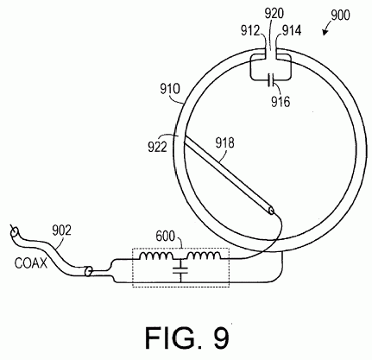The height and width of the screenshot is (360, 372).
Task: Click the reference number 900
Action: pyautogui.click(x=340, y=16)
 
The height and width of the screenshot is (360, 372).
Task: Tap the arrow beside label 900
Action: pyautogui.click(x=327, y=30)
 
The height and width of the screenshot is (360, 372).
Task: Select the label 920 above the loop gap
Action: pyautogui.click(x=274, y=14)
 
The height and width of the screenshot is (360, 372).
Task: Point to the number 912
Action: pyautogui.click(x=250, y=30)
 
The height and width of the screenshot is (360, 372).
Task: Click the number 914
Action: pyautogui.click(x=292, y=30)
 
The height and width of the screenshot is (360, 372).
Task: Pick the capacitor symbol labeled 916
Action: pyautogui.click(x=271, y=80)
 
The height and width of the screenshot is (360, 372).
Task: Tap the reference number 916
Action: pyautogui.click(x=281, y=102)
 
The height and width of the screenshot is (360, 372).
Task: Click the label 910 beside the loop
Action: pyautogui.click(x=170, y=89)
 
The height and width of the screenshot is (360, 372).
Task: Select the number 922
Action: pyautogui.click(x=157, y=147)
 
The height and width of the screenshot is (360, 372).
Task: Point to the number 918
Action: pyautogui.click(x=225, y=143)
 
